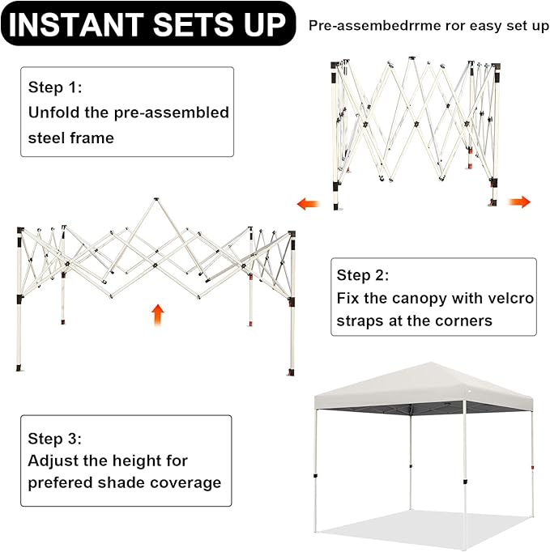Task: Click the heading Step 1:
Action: coord(55,87)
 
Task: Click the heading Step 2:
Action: coord(363,275)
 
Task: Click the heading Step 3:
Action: coord(54,439)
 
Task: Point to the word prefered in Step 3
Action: coord(60,482)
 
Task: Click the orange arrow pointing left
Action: coord(308,203)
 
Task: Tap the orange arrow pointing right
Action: coord(519,202)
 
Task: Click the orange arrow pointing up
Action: coord(157,315)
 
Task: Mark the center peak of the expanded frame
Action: coord(156,200)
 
